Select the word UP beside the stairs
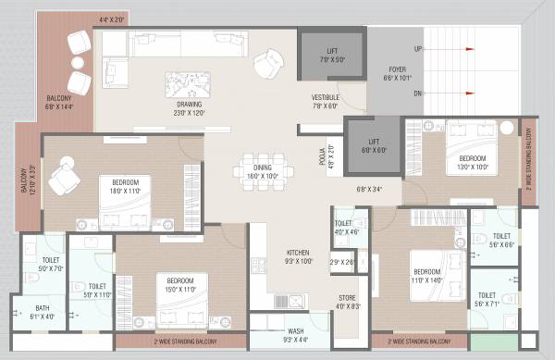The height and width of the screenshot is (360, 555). pyautogui.click(x=418, y=48)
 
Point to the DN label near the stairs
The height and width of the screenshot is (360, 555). pyautogui.click(x=418, y=93)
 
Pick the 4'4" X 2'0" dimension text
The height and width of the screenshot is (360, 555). pyautogui.click(x=110, y=19)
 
